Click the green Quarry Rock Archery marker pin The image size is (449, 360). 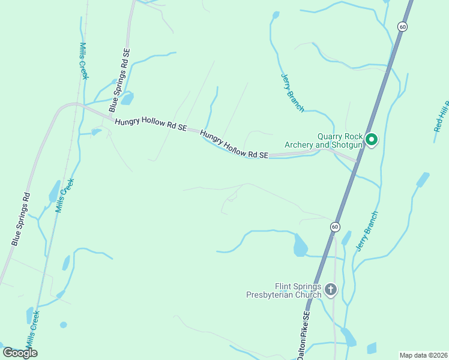click(372, 140)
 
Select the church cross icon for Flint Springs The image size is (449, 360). click(330, 290)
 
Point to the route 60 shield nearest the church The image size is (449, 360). click(334, 227)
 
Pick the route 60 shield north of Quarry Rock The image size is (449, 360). click(402, 26)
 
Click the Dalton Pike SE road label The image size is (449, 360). click(305, 336)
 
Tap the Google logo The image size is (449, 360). click(20, 353)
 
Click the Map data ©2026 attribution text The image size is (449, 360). click(423, 355)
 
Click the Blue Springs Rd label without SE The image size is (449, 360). click(20, 219)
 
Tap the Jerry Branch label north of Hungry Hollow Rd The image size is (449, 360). click(293, 92)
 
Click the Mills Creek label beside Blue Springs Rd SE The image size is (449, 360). click(84, 61)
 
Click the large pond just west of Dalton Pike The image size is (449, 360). click(300, 246)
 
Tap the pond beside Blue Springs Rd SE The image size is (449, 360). click(127, 98)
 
